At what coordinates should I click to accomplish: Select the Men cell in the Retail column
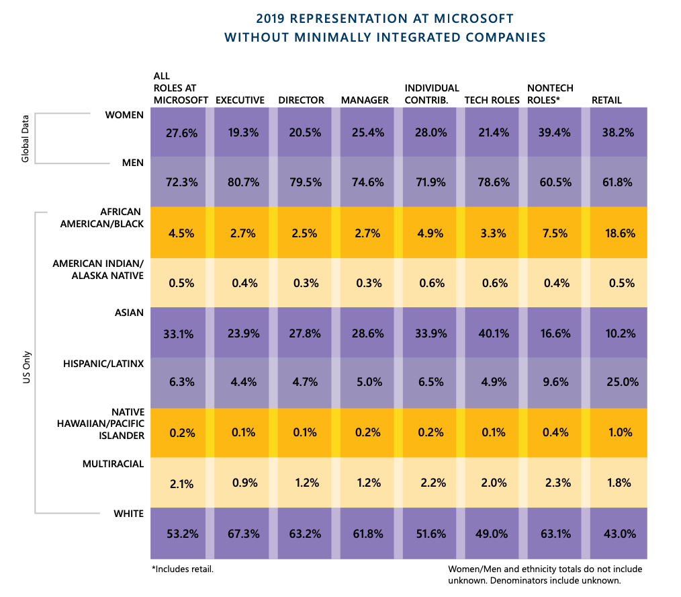tap(617, 182)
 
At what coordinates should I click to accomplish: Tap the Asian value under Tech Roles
tap(492, 333)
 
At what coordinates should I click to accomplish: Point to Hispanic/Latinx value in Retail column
tap(617, 383)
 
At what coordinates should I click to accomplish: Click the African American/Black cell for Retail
tap(617, 233)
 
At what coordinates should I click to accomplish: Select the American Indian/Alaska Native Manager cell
tap(367, 283)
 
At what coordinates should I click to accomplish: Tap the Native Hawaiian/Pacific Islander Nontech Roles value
tap(555, 433)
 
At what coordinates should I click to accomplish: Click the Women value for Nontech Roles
tap(555, 132)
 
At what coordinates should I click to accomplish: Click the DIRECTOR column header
tap(302, 100)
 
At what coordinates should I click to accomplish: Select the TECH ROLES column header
tap(492, 100)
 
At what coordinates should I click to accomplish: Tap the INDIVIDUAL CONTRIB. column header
tap(432, 94)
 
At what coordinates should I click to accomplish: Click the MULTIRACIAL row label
tap(113, 464)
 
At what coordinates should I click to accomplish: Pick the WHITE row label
tap(128, 514)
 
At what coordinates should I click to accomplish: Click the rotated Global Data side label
tap(26, 138)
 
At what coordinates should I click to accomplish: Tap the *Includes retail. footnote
tap(183, 569)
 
